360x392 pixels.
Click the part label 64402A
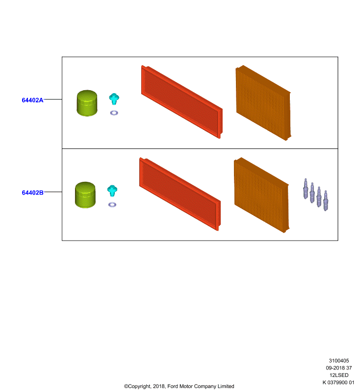click(x=32, y=100)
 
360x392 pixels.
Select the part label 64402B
click(x=32, y=193)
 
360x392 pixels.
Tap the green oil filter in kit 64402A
click(x=87, y=103)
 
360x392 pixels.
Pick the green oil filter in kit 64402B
click(x=85, y=195)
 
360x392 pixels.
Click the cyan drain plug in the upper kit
click(x=114, y=99)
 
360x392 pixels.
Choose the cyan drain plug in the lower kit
click(x=112, y=191)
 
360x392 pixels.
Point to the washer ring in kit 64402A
click(x=114, y=113)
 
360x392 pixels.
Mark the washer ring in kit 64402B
click(x=112, y=205)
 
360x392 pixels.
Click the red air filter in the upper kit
click(x=182, y=102)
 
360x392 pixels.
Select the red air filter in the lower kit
click(x=180, y=194)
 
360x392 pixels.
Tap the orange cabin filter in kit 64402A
click(x=263, y=103)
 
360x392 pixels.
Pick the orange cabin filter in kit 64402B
click(x=261, y=195)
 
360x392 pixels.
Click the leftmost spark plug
click(x=306, y=189)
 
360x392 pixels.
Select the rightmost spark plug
click(x=326, y=201)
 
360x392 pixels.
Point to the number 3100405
click(x=339, y=361)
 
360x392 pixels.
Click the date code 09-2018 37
click(x=339, y=368)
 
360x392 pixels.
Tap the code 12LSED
click(x=339, y=375)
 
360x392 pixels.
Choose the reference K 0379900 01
click(x=338, y=382)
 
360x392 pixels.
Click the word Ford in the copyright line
click(x=173, y=386)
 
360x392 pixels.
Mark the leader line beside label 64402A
click(x=53, y=99)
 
